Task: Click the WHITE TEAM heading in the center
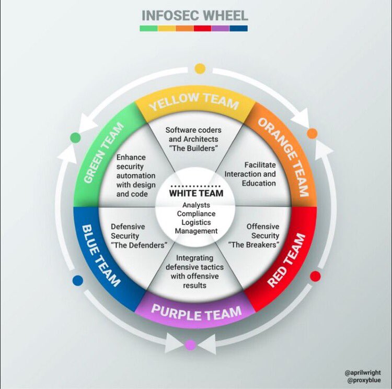click(196, 193)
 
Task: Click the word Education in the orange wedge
click(259, 183)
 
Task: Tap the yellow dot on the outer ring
click(200, 68)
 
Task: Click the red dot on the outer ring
click(315, 276)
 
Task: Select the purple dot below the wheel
click(191, 345)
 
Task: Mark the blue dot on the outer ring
click(78, 280)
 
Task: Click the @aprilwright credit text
click(362, 372)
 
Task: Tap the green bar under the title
click(148, 29)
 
